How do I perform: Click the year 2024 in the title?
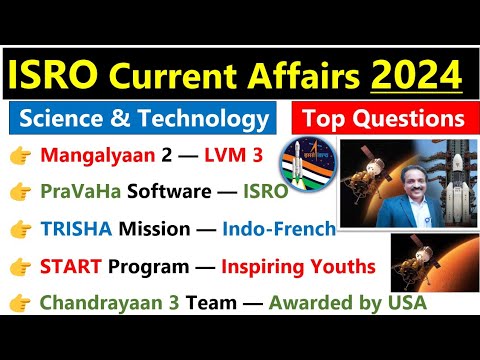[419, 75]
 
